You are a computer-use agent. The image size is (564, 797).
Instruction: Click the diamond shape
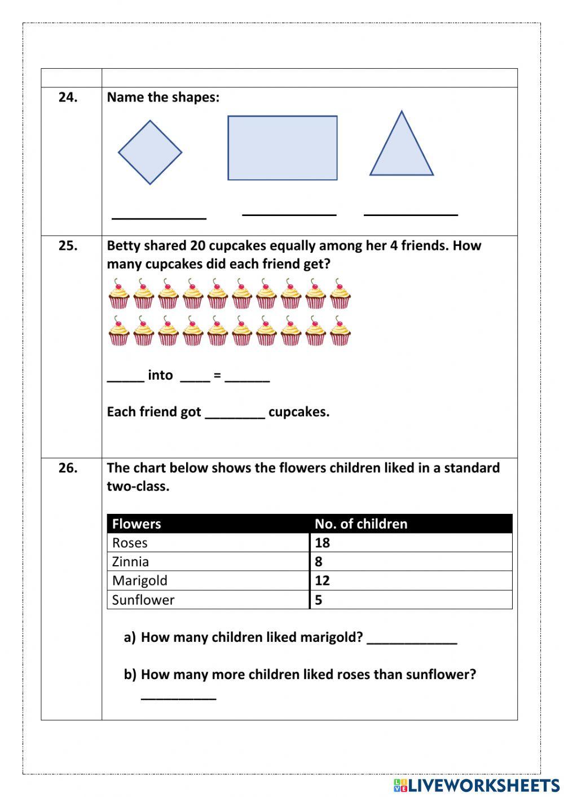[x=150, y=152]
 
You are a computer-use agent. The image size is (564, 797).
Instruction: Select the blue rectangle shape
[x=282, y=148]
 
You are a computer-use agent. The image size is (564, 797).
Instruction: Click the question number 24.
[x=68, y=97]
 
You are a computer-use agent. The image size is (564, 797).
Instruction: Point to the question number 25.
[x=68, y=245]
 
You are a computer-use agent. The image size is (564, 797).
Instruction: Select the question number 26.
[x=68, y=468]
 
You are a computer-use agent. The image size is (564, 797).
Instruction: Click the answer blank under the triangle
[x=411, y=213]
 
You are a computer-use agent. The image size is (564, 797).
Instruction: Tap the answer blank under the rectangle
[x=289, y=213]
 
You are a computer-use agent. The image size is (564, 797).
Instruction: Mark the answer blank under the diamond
[x=159, y=216]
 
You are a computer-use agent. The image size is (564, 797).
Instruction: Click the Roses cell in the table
[x=130, y=543]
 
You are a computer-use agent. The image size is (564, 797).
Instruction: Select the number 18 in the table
[x=322, y=543]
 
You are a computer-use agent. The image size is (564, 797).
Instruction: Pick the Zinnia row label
[x=130, y=561]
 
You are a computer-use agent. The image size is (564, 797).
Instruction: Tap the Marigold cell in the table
[x=139, y=580]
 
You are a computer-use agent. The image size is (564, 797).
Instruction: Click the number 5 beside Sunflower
[x=319, y=600]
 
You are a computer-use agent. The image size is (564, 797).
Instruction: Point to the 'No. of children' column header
[x=361, y=523]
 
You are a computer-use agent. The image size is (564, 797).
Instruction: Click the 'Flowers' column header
[x=136, y=523]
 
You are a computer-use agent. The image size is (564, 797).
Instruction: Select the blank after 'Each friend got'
[x=235, y=414]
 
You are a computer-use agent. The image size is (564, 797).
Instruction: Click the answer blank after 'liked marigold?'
[x=412, y=641]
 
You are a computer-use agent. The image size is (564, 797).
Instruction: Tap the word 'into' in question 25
[x=160, y=375]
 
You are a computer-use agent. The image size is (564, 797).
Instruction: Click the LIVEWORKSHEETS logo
[x=477, y=785]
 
